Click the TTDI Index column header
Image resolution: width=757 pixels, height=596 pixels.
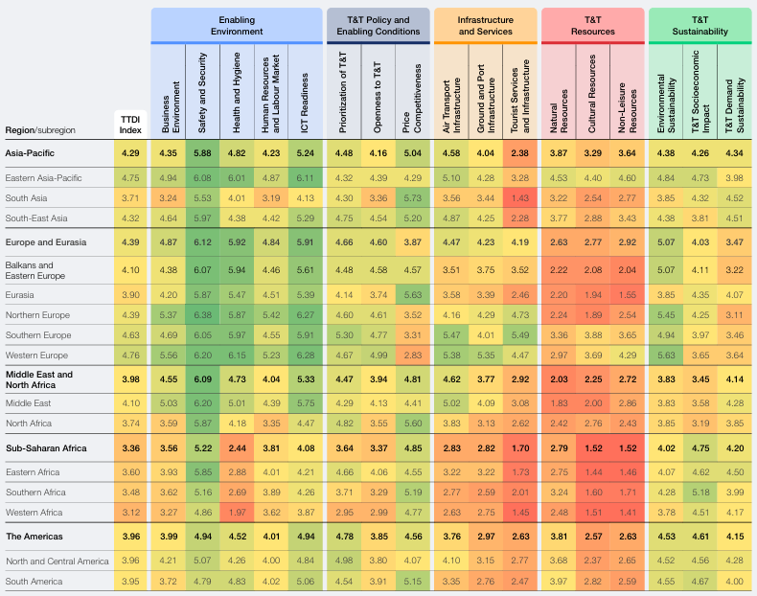click(x=130, y=125)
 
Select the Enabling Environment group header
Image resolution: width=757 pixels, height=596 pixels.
click(x=237, y=26)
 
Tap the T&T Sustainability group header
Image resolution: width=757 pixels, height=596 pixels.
click(x=700, y=26)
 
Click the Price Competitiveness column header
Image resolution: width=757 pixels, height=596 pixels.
click(x=412, y=98)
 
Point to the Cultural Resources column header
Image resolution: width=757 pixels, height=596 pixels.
click(x=592, y=94)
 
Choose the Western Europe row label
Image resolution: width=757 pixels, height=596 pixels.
click(x=36, y=355)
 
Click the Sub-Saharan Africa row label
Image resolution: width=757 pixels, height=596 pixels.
click(x=46, y=447)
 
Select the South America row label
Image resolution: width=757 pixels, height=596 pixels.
click(x=34, y=581)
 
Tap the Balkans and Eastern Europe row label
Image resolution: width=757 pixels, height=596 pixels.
click(x=35, y=270)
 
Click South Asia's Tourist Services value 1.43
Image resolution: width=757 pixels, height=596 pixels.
click(x=520, y=197)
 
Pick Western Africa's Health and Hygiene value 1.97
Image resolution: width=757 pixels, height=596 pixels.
click(x=237, y=512)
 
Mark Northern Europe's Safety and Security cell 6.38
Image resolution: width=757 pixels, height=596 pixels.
click(x=203, y=314)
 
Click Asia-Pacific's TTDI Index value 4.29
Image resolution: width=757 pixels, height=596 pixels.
click(x=130, y=153)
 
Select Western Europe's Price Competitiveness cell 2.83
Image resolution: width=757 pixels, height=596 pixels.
click(x=413, y=355)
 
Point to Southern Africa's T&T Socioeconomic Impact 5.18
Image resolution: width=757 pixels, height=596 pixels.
click(x=700, y=493)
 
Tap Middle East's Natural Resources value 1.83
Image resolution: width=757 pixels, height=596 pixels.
click(x=559, y=403)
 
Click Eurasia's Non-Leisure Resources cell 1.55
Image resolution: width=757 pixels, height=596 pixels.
click(x=627, y=294)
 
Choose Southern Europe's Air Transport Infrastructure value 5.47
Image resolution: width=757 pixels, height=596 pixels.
click(x=451, y=335)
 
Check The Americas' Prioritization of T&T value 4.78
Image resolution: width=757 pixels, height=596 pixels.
click(x=345, y=537)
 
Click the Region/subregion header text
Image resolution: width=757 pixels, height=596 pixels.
click(x=40, y=130)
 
